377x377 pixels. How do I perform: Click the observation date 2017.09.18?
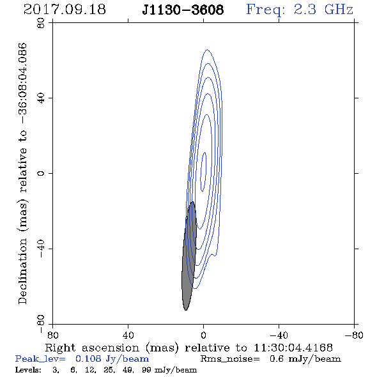pyautogui.click(x=65, y=10)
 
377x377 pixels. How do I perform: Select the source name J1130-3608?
pyautogui.click(x=183, y=10)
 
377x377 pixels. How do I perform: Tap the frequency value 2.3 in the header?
pyautogui.click(x=305, y=10)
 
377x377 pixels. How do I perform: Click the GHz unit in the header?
pyautogui.click(x=339, y=10)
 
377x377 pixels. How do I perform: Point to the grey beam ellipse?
pyautogui.click(x=189, y=256)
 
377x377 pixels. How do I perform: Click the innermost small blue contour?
pyautogui.click(x=203, y=172)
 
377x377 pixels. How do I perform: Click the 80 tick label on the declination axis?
pyautogui.click(x=41, y=23)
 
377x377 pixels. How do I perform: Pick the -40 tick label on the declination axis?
pyautogui.click(x=41, y=249)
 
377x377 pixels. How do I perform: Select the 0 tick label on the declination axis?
pyautogui.click(x=41, y=173)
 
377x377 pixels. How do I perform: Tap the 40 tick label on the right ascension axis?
pyautogui.click(x=128, y=335)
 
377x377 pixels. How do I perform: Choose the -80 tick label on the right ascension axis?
pyautogui.click(x=354, y=335)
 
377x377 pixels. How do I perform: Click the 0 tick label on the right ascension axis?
pyautogui.click(x=203, y=335)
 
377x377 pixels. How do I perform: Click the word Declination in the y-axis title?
pyautogui.click(x=22, y=271)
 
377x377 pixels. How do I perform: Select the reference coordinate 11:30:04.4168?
pyautogui.click(x=293, y=348)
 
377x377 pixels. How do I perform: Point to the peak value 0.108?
pyautogui.click(x=88, y=358)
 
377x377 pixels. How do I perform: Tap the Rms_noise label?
pyautogui.click(x=230, y=359)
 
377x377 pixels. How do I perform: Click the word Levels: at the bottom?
pyautogui.click(x=28, y=370)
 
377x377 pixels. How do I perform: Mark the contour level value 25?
pyautogui.click(x=109, y=370)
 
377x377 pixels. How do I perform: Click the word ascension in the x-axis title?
pyautogui.click(x=111, y=348)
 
